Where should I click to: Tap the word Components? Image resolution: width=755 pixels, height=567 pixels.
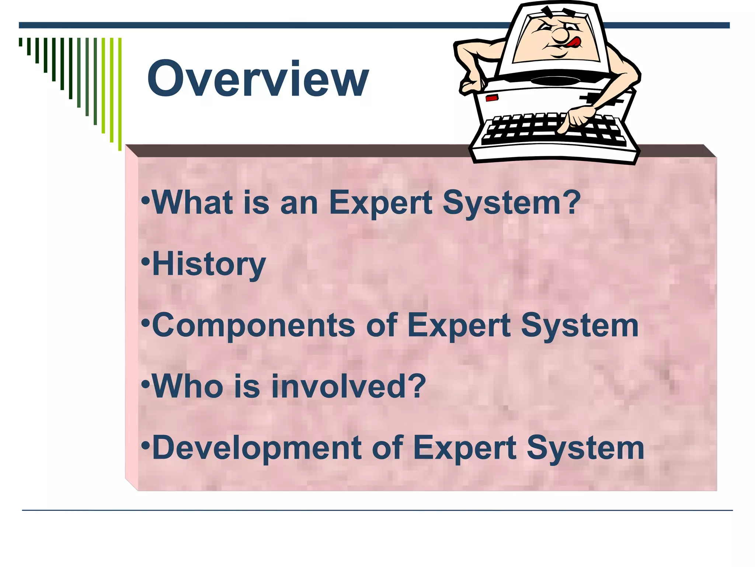point(253,325)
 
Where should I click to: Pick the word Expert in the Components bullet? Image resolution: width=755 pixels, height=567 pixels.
point(459,326)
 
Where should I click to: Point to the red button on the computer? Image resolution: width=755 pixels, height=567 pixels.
point(492,98)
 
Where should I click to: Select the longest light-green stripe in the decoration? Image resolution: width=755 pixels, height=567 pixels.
point(120,94)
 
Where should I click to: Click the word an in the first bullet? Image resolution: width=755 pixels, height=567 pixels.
point(299,203)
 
